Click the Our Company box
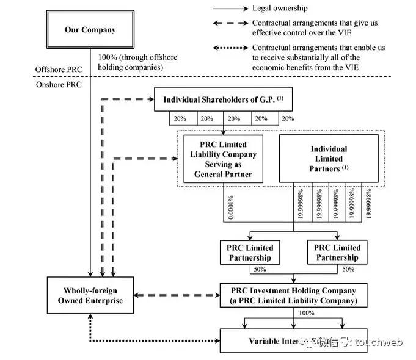click(x=90, y=29)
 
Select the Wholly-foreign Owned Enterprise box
click(x=90, y=295)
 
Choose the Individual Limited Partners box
click(x=327, y=159)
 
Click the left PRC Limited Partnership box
click(x=250, y=253)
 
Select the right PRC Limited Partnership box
click(x=337, y=253)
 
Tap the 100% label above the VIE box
click(x=306, y=313)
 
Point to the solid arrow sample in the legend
click(x=230, y=9)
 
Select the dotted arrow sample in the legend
click(x=230, y=48)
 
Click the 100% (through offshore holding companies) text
click(x=138, y=62)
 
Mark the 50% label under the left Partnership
click(x=260, y=269)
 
